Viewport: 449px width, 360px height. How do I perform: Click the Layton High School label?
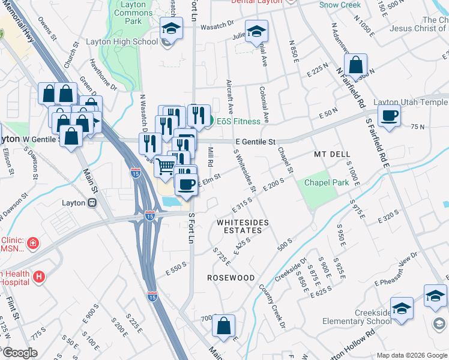coord(130,41)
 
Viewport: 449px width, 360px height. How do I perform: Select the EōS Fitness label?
coord(238,121)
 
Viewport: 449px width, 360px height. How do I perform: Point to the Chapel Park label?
coord(327,182)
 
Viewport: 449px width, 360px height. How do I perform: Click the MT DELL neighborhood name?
coord(332,154)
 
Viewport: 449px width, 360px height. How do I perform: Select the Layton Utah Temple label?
coord(411,103)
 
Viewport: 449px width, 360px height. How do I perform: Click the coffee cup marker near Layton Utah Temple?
coord(389,115)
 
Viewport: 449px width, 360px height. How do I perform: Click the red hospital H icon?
coord(39,277)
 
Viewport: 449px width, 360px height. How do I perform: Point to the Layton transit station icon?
coord(93,202)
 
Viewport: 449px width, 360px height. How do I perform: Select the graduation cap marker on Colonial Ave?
coord(257,31)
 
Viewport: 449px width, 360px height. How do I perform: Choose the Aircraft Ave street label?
coord(229,96)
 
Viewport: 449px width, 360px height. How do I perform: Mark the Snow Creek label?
coord(340,5)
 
